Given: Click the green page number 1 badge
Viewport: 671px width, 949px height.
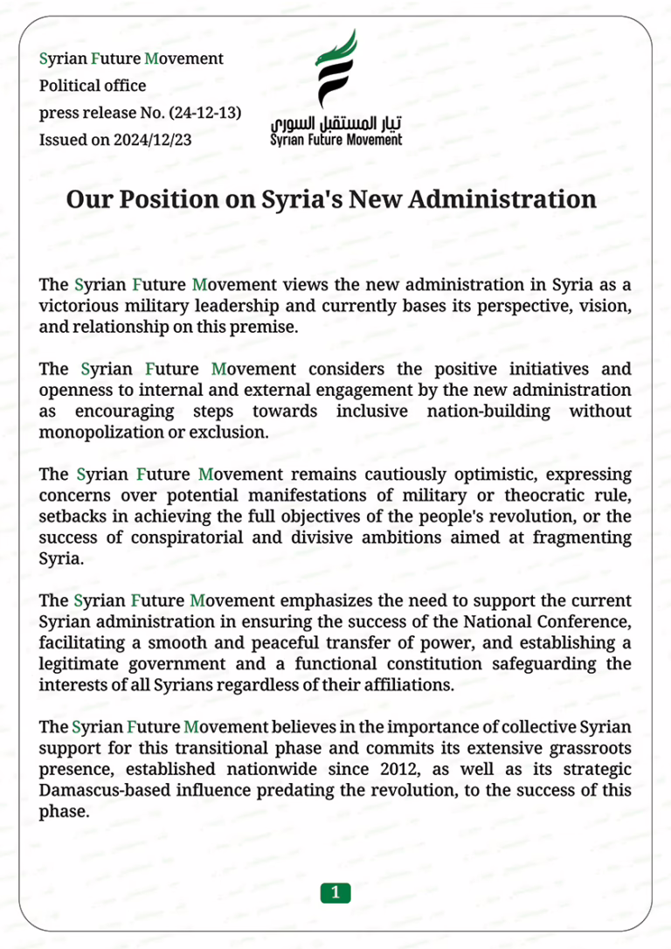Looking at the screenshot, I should click(335, 892).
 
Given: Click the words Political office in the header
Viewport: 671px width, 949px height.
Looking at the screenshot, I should click(93, 86).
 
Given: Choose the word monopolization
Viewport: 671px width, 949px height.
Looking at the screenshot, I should click(93, 433).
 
